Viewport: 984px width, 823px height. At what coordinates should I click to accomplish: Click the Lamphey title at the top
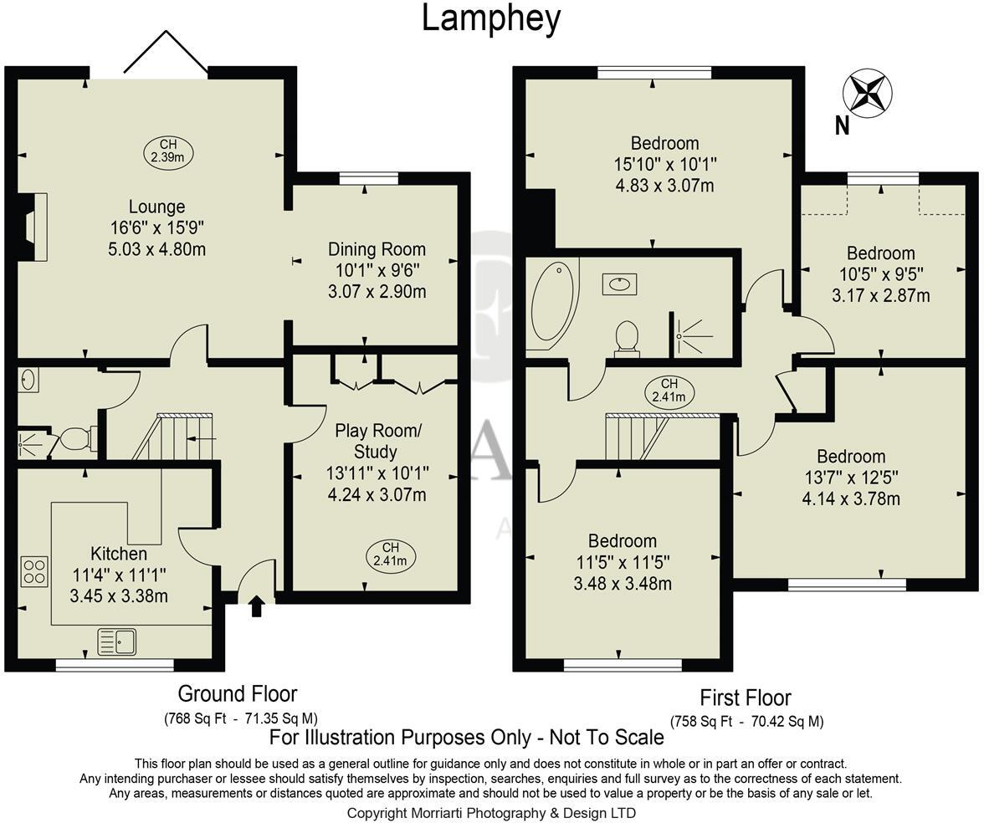(490, 18)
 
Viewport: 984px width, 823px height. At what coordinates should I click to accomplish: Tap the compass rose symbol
(869, 92)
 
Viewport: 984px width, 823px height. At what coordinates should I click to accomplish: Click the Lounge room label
(156, 207)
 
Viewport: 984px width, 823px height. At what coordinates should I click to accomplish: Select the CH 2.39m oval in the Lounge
(167, 151)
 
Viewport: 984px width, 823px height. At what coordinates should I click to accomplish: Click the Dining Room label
(377, 249)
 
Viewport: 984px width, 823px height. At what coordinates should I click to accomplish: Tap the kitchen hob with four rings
(34, 572)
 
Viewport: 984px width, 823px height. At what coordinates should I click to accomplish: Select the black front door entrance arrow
(257, 606)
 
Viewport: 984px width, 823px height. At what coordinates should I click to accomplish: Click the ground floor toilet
(76, 437)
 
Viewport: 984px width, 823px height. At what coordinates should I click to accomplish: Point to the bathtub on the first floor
(551, 306)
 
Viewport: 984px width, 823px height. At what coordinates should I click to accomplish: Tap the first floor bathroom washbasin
(619, 284)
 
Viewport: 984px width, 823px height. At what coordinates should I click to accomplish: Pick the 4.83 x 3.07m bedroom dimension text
(665, 186)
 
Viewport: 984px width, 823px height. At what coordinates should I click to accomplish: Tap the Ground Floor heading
(238, 693)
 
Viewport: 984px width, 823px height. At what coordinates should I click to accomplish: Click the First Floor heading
(746, 698)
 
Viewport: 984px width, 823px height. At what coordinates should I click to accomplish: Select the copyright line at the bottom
(491, 812)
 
